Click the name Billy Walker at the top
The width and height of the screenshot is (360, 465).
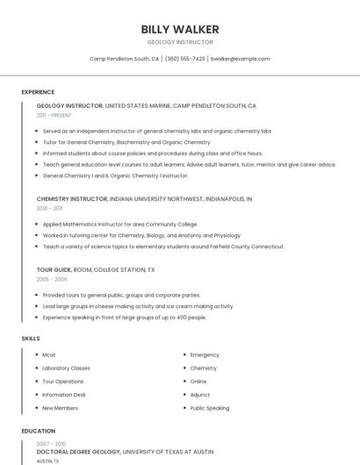(180, 29)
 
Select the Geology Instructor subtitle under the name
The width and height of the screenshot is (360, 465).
(180, 42)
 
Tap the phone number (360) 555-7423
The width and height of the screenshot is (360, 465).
(184, 59)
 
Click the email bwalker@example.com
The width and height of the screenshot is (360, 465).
(241, 59)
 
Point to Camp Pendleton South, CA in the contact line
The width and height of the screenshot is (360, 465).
(125, 59)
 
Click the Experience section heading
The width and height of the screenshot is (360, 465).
(38, 92)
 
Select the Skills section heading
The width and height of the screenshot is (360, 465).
(31, 338)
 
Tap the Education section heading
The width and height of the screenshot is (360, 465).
(39, 431)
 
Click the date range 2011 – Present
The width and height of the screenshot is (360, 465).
(54, 115)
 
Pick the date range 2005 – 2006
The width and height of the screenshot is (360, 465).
(52, 279)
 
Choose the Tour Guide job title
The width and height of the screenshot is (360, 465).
(54, 269)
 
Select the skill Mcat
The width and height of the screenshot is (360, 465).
(49, 354)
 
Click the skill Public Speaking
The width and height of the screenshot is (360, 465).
(210, 408)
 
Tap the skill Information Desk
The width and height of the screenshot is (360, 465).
(64, 395)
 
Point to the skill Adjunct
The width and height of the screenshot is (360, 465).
(200, 395)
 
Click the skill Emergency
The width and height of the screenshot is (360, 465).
(205, 354)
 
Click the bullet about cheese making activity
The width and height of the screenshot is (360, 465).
(138, 306)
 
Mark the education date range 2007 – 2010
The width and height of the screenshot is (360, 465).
(50, 443)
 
